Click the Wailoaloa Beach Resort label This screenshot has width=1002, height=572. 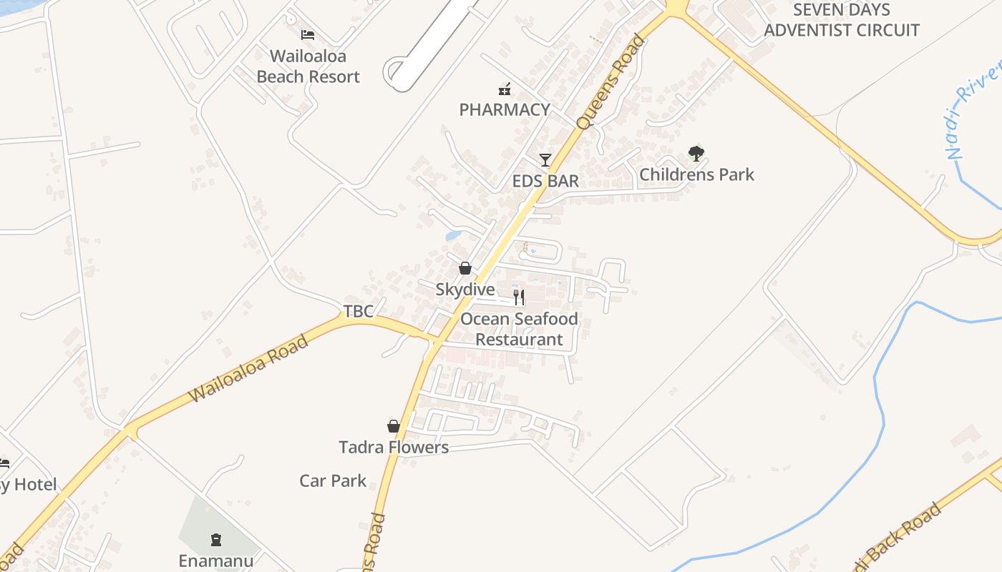pos(308,66)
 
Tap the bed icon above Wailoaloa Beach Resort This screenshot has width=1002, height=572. pos(308,34)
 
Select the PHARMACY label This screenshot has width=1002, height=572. pos(505,109)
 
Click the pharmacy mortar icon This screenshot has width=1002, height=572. pos(505,89)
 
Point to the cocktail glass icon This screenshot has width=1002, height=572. pos(545,160)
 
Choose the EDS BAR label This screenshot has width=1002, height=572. pos(545,181)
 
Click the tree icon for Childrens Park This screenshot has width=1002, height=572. pos(696,153)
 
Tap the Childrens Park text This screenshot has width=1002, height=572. pos(696,174)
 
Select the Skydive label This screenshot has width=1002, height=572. pos(465,290)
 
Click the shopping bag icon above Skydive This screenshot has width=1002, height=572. pos(465,268)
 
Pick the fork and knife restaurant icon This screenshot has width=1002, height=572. pos(519,297)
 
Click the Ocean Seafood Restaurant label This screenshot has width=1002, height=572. pos(519,329)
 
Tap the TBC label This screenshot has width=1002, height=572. pos(359,311)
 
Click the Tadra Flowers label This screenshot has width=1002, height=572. pos(394,448)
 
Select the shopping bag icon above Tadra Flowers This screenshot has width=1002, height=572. pos(394,426)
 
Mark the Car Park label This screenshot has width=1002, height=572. pos(333,480)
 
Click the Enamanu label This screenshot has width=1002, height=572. pos(216,561)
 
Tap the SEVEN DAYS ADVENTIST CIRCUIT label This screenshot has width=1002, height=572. pos(842,20)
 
